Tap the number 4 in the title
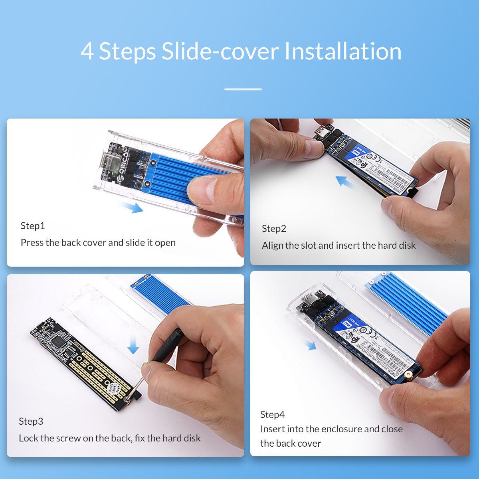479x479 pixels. tap(87, 52)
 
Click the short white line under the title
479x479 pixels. tap(243, 89)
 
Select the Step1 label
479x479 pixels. tap(33, 226)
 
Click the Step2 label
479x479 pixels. tap(274, 229)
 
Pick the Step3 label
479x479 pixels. tap(31, 422)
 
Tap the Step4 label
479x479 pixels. tap(272, 415)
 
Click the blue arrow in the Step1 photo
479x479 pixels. tap(133, 207)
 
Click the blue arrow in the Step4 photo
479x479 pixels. tap(310, 345)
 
